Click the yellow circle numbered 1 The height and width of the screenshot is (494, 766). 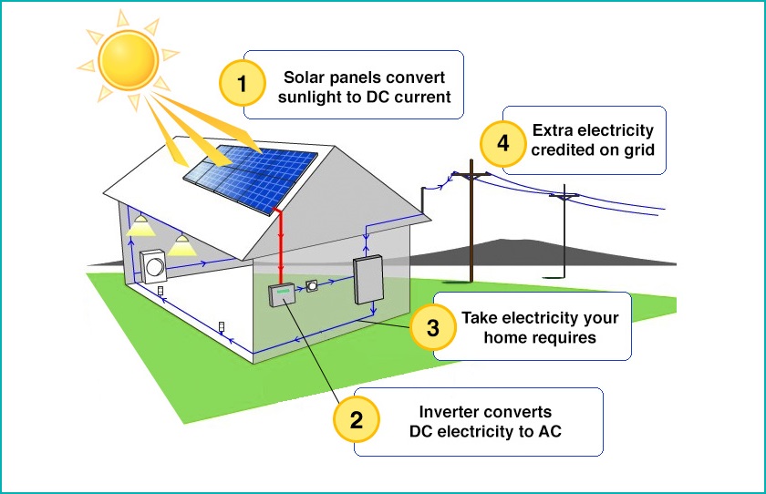click(x=243, y=84)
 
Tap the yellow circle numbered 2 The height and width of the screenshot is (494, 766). click(x=357, y=420)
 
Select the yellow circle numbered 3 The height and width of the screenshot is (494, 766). click(x=433, y=327)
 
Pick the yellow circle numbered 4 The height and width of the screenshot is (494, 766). click(x=503, y=143)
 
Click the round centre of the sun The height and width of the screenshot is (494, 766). click(x=129, y=60)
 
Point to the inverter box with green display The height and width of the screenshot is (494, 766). click(x=283, y=294)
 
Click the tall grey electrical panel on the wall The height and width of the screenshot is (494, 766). click(x=368, y=280)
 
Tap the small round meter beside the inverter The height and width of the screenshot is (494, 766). click(x=312, y=285)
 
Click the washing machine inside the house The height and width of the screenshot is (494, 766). click(x=153, y=266)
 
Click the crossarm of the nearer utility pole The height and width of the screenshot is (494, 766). click(x=471, y=174)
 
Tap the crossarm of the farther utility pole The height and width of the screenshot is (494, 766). click(x=564, y=196)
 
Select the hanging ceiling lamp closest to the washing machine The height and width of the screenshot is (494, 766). click(x=181, y=244)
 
